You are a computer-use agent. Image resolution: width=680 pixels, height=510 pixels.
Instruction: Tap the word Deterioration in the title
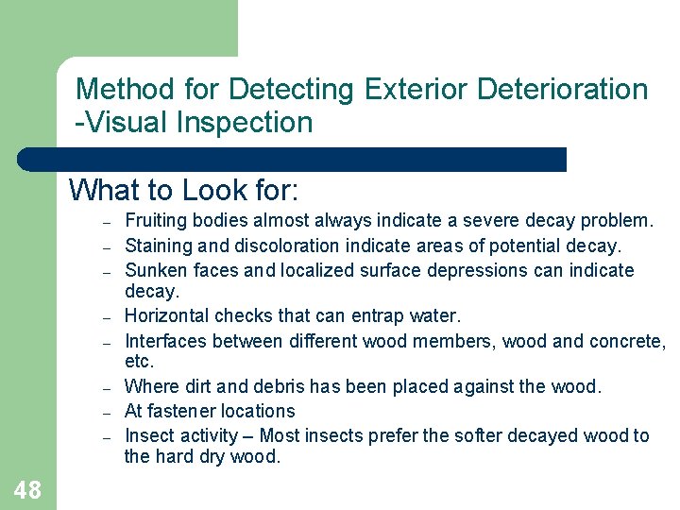coord(563,90)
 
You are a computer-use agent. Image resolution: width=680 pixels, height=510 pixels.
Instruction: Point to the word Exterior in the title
coord(412,90)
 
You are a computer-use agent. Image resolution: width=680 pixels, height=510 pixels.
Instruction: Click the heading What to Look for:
coord(184,190)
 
